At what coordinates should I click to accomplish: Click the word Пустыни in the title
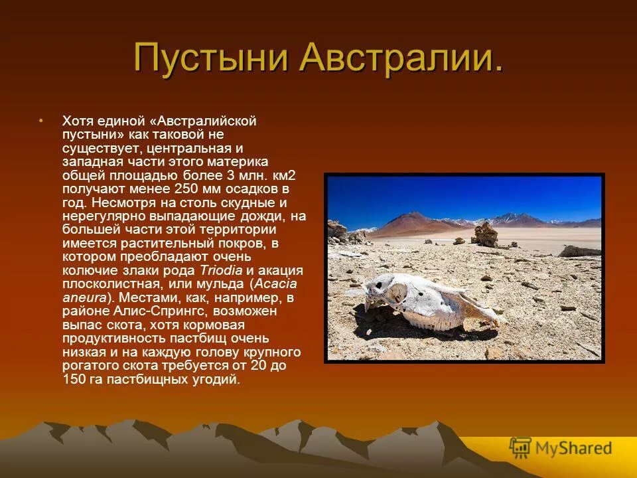pyautogui.click(x=211, y=58)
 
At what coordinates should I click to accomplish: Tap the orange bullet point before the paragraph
pyautogui.click(x=40, y=121)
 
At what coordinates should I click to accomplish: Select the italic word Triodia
pyautogui.click(x=222, y=270)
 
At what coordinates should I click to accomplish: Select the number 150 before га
pyautogui.click(x=75, y=380)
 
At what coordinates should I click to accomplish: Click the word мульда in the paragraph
pyautogui.click(x=223, y=284)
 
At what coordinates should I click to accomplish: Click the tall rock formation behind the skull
pyautogui.click(x=486, y=234)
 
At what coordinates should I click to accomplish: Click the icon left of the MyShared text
pyautogui.click(x=520, y=448)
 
